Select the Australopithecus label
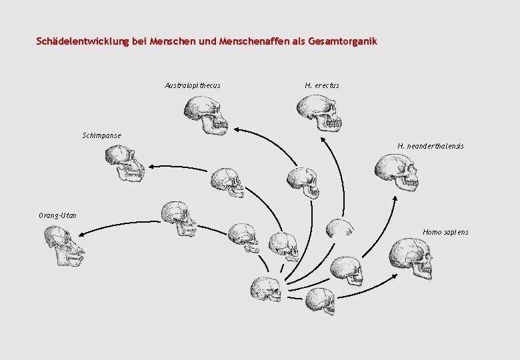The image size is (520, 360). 193,85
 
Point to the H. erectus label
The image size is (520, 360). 322,85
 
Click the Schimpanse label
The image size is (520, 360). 102,136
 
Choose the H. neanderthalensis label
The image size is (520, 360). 431,146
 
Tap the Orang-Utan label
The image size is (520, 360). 57,215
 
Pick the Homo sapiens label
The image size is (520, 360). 445,232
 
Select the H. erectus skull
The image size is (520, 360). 319,113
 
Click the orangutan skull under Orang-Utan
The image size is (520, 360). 63,245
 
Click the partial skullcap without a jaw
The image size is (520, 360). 339,228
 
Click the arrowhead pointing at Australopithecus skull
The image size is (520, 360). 237,131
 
